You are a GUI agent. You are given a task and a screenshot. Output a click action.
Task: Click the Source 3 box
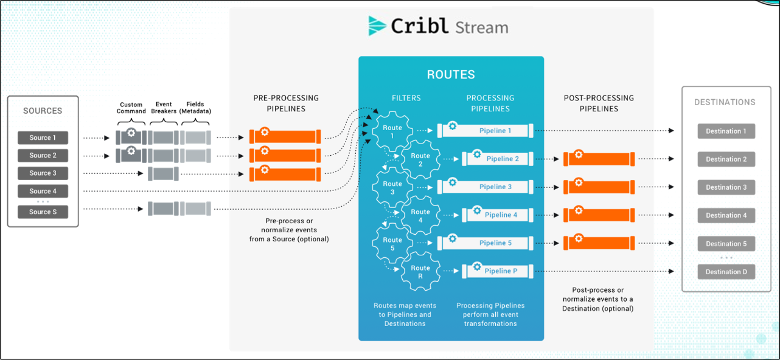[x=43, y=173]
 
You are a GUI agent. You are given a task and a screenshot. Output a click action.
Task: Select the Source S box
[x=43, y=212]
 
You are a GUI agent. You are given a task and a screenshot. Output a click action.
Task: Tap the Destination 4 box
[x=726, y=215]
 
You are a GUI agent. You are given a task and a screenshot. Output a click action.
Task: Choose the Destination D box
[x=726, y=272]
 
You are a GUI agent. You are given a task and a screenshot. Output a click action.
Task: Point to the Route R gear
[x=420, y=272]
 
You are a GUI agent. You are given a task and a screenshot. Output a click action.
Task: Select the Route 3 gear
[x=392, y=188]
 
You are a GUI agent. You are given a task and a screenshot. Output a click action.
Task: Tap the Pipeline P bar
[x=499, y=271]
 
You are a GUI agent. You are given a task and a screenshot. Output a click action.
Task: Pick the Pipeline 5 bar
[x=487, y=243]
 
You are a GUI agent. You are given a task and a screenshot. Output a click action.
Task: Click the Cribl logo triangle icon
[x=378, y=26]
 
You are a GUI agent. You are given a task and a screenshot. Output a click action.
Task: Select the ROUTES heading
[x=451, y=75]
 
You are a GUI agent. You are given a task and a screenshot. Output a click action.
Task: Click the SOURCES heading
[x=43, y=111]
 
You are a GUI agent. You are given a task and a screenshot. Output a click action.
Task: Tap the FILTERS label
[x=406, y=98]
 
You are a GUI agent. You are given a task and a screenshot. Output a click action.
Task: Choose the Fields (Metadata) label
[x=195, y=108]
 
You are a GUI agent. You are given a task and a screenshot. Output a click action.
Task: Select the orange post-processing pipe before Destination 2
[x=599, y=159]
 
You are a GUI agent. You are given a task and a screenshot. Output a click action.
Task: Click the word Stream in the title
[x=481, y=27]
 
